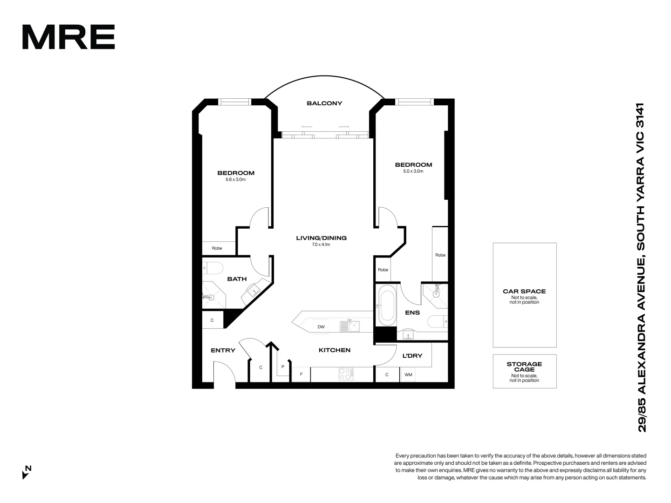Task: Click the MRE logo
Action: tap(68, 37)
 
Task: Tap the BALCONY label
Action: tap(324, 103)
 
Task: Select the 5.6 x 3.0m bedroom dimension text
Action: tap(235, 179)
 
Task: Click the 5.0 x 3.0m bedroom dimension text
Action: tap(413, 171)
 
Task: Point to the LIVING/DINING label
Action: tap(321, 238)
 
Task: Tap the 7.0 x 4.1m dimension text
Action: tap(321, 245)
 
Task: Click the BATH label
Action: tap(237, 279)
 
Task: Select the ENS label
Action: tap(412, 313)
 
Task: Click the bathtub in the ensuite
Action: tap(387, 306)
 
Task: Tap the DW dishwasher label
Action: tap(321, 327)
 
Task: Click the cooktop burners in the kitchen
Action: tap(346, 374)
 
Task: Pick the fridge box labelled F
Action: tap(301, 374)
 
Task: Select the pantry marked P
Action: tap(282, 367)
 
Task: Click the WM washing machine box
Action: tap(408, 374)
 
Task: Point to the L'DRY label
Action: tap(412, 356)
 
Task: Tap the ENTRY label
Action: tap(223, 350)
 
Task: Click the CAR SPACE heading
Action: tap(524, 291)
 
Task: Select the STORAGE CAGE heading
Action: tap(524, 367)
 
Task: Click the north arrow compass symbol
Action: tap(27, 472)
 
